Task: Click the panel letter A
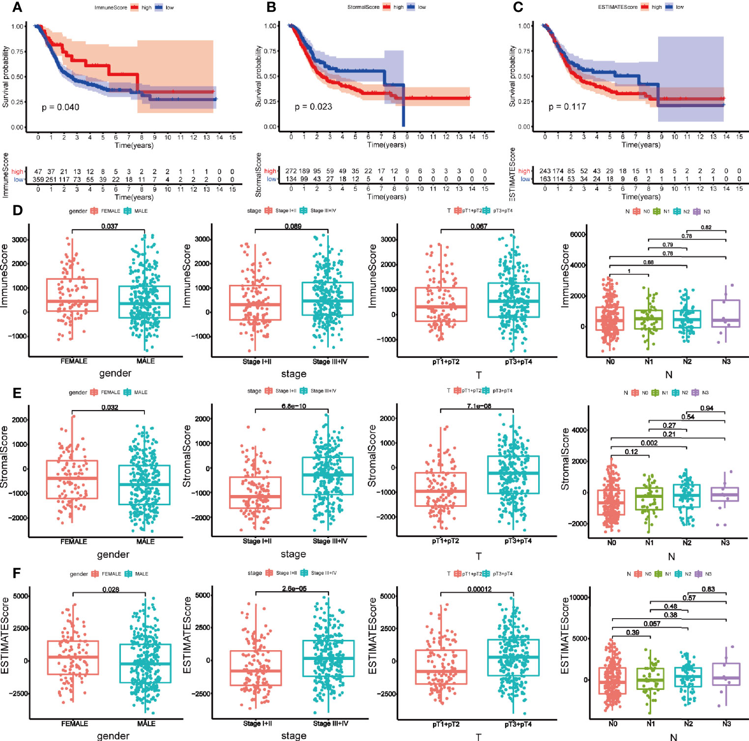coord(17,7)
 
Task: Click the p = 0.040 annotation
coord(60,107)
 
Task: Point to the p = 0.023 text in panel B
coord(314,107)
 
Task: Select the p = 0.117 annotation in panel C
coord(567,107)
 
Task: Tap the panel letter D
coord(17,210)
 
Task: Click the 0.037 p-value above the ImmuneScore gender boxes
coord(110,226)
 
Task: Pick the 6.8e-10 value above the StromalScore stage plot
coord(293,406)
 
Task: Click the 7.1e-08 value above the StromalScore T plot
coord(479,406)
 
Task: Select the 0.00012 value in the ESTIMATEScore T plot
coord(479,589)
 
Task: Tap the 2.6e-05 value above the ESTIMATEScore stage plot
coord(294,589)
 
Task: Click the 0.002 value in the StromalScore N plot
coord(649,443)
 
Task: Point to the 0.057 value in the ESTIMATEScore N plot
coord(652,624)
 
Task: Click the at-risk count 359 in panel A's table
coord(38,180)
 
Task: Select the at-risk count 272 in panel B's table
coord(291,171)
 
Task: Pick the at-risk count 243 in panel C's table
coord(545,171)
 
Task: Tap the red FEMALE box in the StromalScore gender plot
coord(72,479)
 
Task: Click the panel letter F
coord(17,573)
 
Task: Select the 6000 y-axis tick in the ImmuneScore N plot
coord(577,235)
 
